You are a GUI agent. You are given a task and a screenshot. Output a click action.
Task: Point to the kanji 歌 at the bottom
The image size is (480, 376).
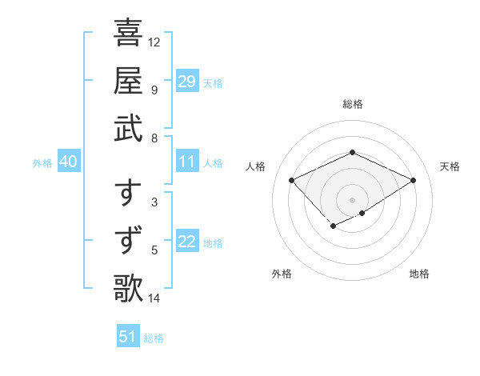click(128, 286)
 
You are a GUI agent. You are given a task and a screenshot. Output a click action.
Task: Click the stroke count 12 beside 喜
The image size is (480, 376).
click(154, 42)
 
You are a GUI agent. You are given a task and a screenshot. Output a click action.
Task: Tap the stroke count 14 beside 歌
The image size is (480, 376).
click(154, 298)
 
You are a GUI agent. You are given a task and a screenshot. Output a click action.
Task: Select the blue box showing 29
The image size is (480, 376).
click(187, 82)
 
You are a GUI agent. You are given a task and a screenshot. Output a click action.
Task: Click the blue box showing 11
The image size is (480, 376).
click(187, 162)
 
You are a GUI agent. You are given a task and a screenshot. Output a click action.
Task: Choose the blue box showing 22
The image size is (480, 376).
click(187, 242)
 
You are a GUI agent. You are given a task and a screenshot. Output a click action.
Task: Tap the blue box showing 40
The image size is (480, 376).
click(68, 162)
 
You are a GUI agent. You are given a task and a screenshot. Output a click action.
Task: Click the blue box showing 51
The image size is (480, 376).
click(127, 337)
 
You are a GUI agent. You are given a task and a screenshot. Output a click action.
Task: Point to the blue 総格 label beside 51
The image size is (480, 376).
click(154, 338)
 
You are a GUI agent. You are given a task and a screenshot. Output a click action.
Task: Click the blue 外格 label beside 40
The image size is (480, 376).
click(42, 163)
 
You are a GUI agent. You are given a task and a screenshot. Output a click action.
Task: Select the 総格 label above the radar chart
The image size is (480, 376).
click(352, 104)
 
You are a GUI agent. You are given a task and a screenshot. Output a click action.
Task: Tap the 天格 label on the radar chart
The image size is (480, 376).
click(450, 166)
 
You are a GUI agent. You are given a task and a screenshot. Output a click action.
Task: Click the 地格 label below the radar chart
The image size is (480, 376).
click(419, 274)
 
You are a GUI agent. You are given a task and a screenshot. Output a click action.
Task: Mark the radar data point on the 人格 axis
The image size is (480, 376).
click(292, 181)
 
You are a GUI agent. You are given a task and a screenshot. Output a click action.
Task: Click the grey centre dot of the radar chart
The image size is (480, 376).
click(352, 200)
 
